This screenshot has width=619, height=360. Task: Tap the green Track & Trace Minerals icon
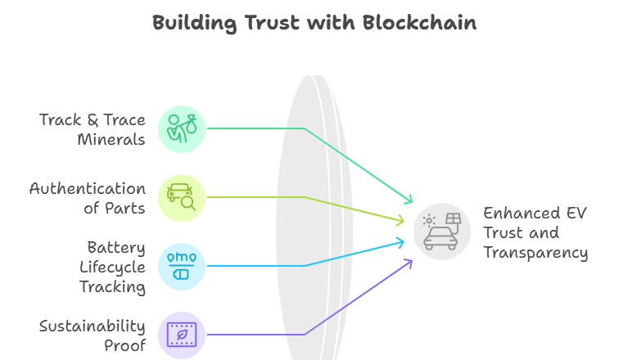182,128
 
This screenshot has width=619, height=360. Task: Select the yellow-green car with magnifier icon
182,197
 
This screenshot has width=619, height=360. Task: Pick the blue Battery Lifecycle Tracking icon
182,266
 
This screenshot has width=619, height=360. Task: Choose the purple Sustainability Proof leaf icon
182,334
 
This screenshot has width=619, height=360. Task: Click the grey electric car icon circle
442,231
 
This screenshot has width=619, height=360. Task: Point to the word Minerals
111,140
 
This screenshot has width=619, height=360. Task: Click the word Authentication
88,189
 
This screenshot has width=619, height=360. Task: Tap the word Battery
116,247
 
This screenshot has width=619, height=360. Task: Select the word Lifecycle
112,267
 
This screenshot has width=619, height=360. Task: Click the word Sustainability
93,326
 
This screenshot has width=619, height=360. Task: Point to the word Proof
124,345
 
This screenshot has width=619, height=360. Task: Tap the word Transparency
535,253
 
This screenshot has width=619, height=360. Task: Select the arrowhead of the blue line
401,241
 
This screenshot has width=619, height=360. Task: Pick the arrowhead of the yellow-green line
400,220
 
